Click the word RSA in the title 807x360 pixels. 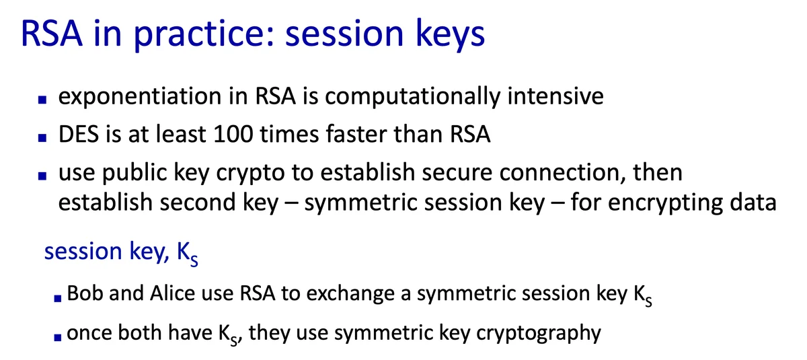[52, 34]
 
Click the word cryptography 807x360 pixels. [539, 333]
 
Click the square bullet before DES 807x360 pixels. [42, 138]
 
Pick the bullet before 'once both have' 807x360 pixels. [58, 337]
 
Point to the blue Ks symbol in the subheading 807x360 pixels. [188, 254]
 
